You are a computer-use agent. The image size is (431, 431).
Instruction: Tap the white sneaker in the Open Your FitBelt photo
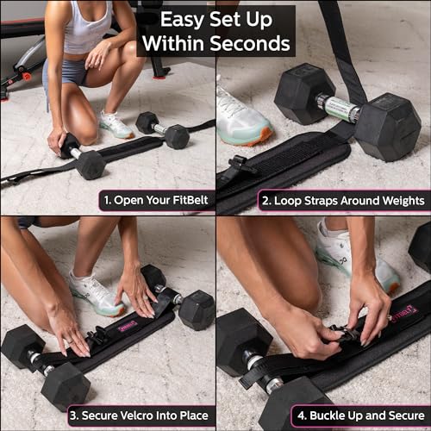116,125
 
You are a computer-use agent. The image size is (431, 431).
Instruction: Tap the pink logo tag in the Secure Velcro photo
127,326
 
